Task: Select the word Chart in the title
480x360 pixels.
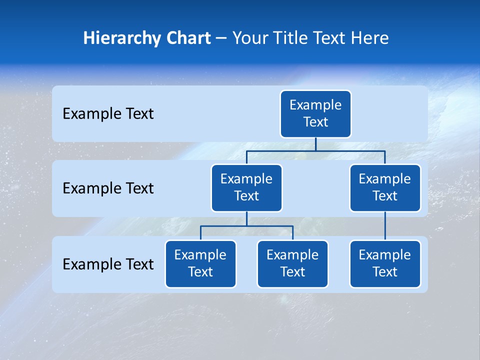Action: click(x=186, y=38)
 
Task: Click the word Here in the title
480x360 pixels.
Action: click(x=370, y=38)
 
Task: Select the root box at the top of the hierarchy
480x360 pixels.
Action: click(x=315, y=114)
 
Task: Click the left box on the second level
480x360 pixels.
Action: click(x=246, y=188)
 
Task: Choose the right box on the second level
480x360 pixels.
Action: click(x=385, y=188)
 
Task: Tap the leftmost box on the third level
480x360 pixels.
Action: click(x=200, y=264)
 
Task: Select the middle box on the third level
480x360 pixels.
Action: click(x=292, y=264)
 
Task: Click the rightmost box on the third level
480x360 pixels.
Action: click(x=385, y=264)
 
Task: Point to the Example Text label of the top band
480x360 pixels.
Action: click(x=108, y=114)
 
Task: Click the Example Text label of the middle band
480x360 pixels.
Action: click(x=108, y=188)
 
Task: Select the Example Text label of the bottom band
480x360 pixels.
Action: click(x=108, y=264)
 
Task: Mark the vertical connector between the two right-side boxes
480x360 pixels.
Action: click(x=385, y=226)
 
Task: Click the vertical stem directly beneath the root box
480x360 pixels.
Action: click(x=315, y=144)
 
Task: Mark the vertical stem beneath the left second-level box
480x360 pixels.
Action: click(x=246, y=218)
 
